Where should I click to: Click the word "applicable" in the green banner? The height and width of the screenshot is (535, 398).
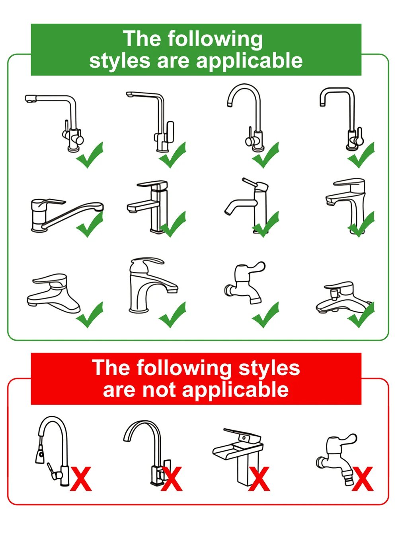(x=250, y=61)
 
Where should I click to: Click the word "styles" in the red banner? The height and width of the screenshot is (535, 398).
(x=269, y=368)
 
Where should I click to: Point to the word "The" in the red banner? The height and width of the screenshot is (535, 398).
(x=111, y=368)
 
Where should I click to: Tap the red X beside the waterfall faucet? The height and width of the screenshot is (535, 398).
(x=259, y=479)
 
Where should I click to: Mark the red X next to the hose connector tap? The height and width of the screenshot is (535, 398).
(x=363, y=479)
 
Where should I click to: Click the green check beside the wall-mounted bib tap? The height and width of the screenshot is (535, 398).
(x=266, y=315)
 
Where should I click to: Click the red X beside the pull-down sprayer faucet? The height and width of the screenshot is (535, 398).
(x=81, y=479)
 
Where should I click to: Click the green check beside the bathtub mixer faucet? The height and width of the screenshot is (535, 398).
(x=361, y=315)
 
